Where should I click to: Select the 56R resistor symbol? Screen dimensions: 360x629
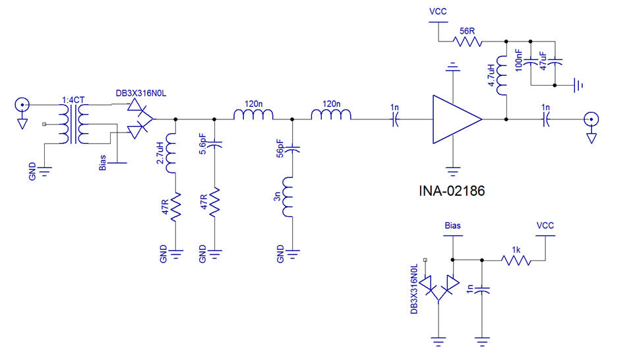pyautogui.click(x=467, y=42)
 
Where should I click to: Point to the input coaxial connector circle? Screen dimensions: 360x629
pyautogui.click(x=22, y=105)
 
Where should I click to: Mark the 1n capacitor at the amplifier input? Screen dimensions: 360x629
pyautogui.click(x=395, y=119)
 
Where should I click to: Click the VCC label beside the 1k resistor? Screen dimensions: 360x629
pyautogui.click(x=545, y=225)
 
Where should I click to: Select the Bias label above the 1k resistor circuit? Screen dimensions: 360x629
pyautogui.click(x=453, y=225)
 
